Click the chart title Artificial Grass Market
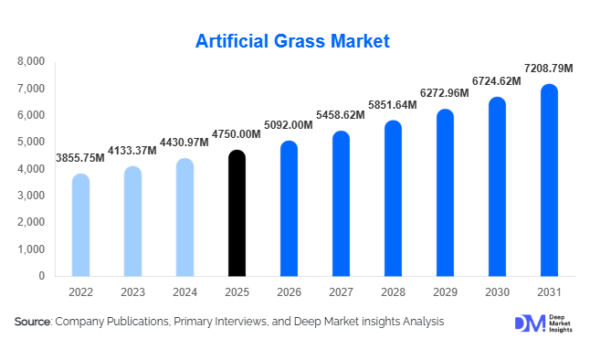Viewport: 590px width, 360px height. [293, 41]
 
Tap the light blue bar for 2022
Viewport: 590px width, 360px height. [80, 225]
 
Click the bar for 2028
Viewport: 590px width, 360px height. [393, 198]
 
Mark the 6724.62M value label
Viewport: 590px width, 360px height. [496, 81]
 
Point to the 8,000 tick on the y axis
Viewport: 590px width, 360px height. [31, 62]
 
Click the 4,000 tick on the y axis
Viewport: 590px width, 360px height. [31, 169]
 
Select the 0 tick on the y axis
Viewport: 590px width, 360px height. [42, 276]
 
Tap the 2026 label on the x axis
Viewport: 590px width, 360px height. [289, 291]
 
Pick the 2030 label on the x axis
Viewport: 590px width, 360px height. [497, 291]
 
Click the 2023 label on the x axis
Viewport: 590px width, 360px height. [132, 291]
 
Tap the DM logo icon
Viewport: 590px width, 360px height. [528, 323]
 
